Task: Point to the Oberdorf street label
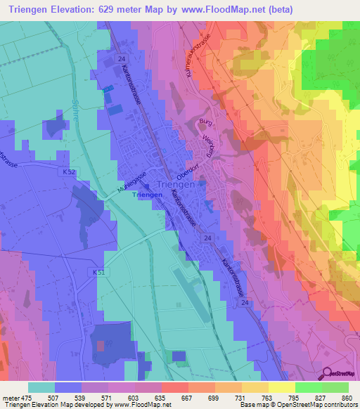[x=187, y=168]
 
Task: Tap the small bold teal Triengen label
[x=148, y=195]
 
